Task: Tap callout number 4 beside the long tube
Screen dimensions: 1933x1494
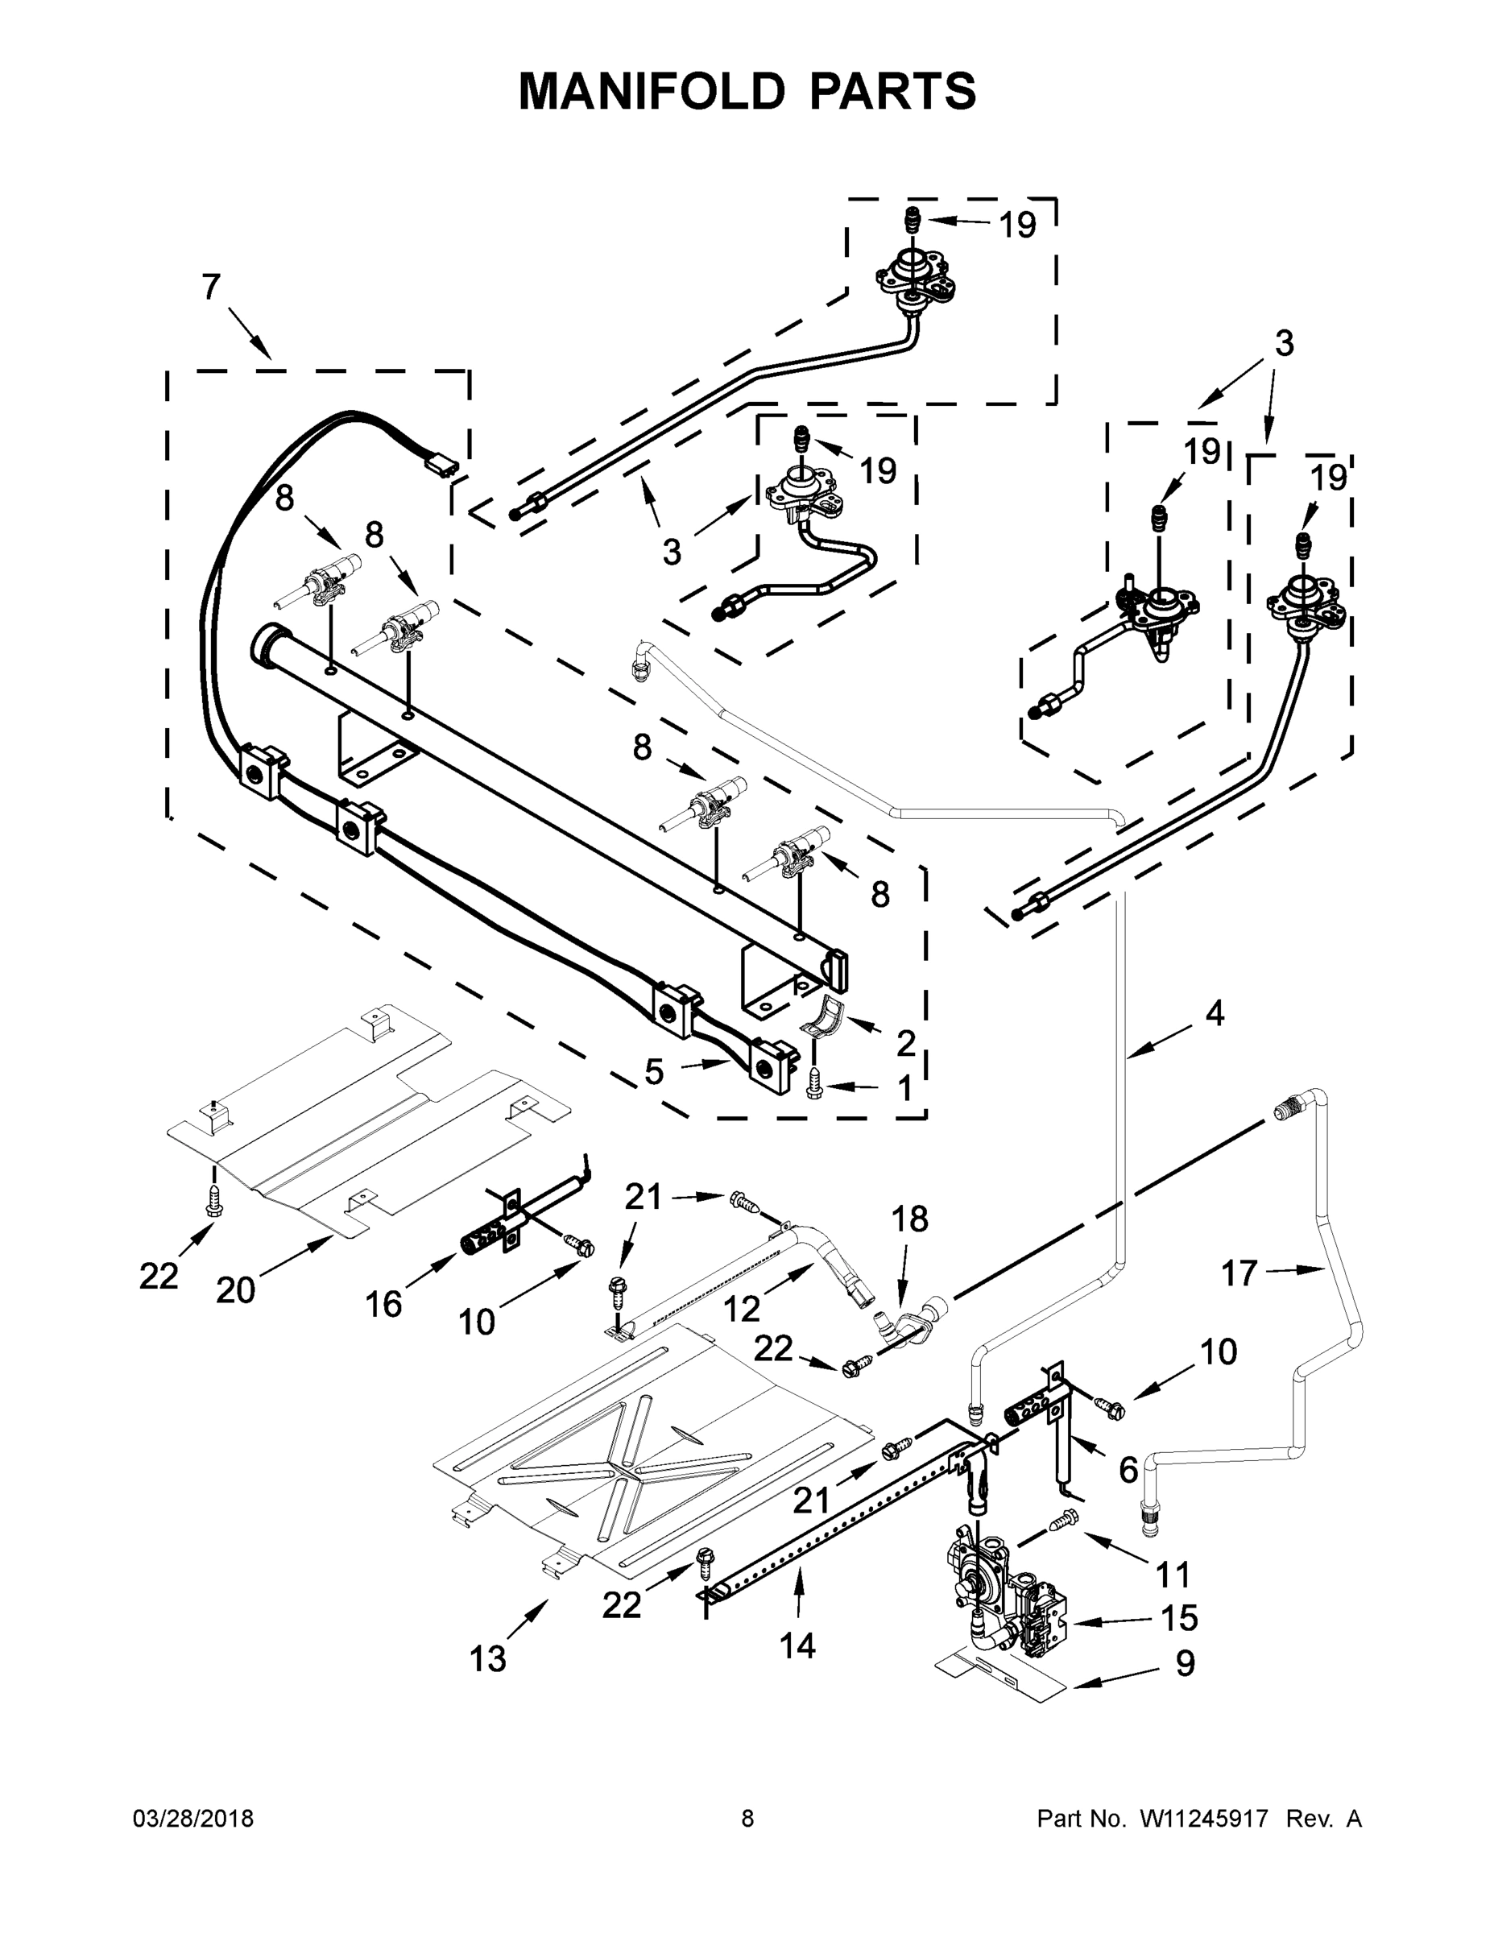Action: click(1215, 1013)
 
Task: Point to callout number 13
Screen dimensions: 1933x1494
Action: click(488, 1658)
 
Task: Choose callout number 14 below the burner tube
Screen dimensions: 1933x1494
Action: click(797, 1645)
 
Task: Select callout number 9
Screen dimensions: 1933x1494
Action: click(1185, 1663)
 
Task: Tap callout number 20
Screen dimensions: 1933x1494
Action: click(235, 1291)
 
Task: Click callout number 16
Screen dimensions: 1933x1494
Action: click(384, 1304)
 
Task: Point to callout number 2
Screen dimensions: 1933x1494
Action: click(904, 1044)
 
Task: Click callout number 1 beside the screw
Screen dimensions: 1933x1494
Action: click(904, 1090)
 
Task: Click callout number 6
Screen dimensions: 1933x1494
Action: click(1128, 1470)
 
